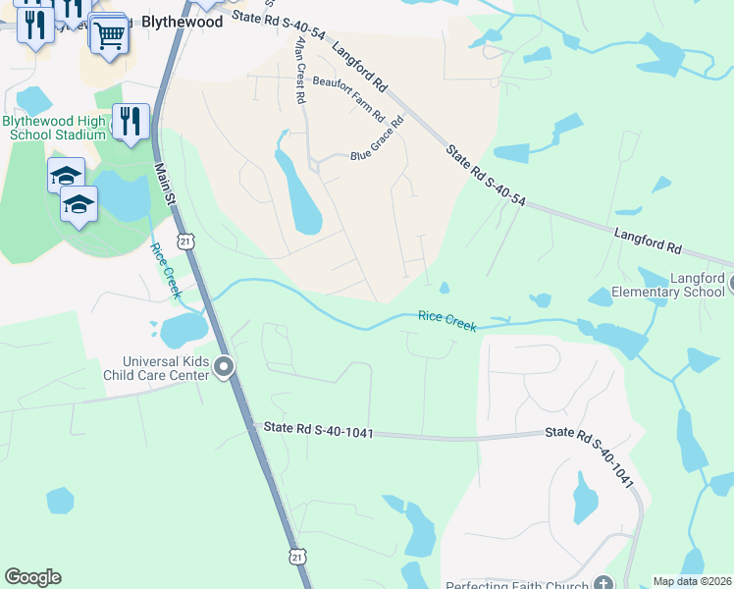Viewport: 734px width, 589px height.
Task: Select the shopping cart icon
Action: coord(110,35)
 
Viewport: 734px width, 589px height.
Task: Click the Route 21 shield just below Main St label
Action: coord(186,240)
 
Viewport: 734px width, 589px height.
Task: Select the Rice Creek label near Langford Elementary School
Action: coord(447,321)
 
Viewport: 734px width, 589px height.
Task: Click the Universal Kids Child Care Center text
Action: coord(159,368)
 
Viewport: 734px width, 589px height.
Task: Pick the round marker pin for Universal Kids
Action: coord(225,368)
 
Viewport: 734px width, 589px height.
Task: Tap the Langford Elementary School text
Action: coord(668,286)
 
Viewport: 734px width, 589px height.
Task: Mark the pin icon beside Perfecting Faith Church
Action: coord(603,581)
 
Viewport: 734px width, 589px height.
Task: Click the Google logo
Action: coord(33,577)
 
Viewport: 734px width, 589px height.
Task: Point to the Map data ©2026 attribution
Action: coord(693,581)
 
